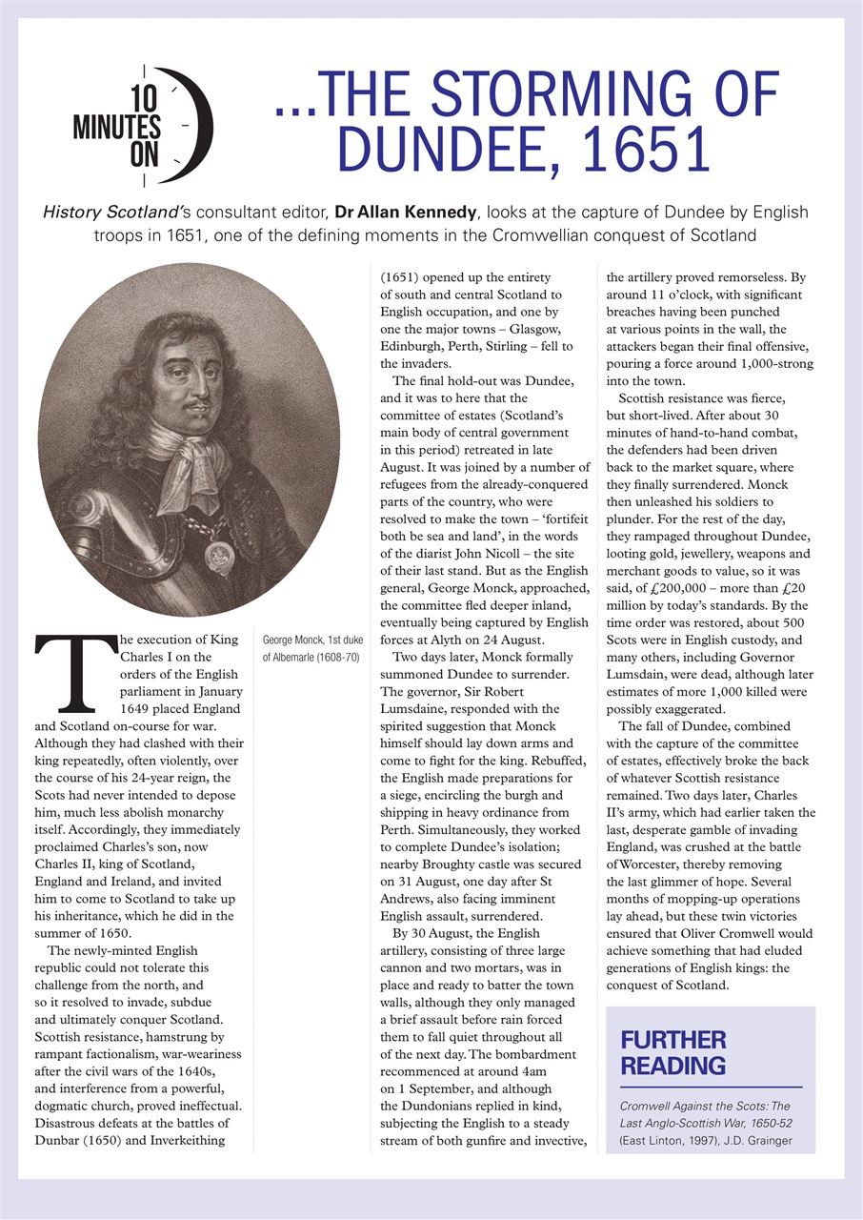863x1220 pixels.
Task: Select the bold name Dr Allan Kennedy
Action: point(415,210)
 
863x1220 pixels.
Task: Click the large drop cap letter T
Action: point(66,674)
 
